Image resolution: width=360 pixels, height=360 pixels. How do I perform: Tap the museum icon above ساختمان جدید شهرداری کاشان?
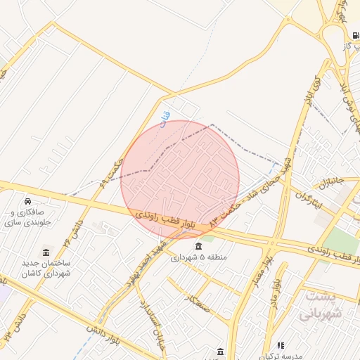coord(46,252)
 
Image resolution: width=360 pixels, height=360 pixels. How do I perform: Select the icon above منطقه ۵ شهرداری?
coord(199,246)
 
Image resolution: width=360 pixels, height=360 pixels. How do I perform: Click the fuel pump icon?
coord(355,34)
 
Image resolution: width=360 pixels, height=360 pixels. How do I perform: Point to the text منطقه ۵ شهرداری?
coord(199,257)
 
